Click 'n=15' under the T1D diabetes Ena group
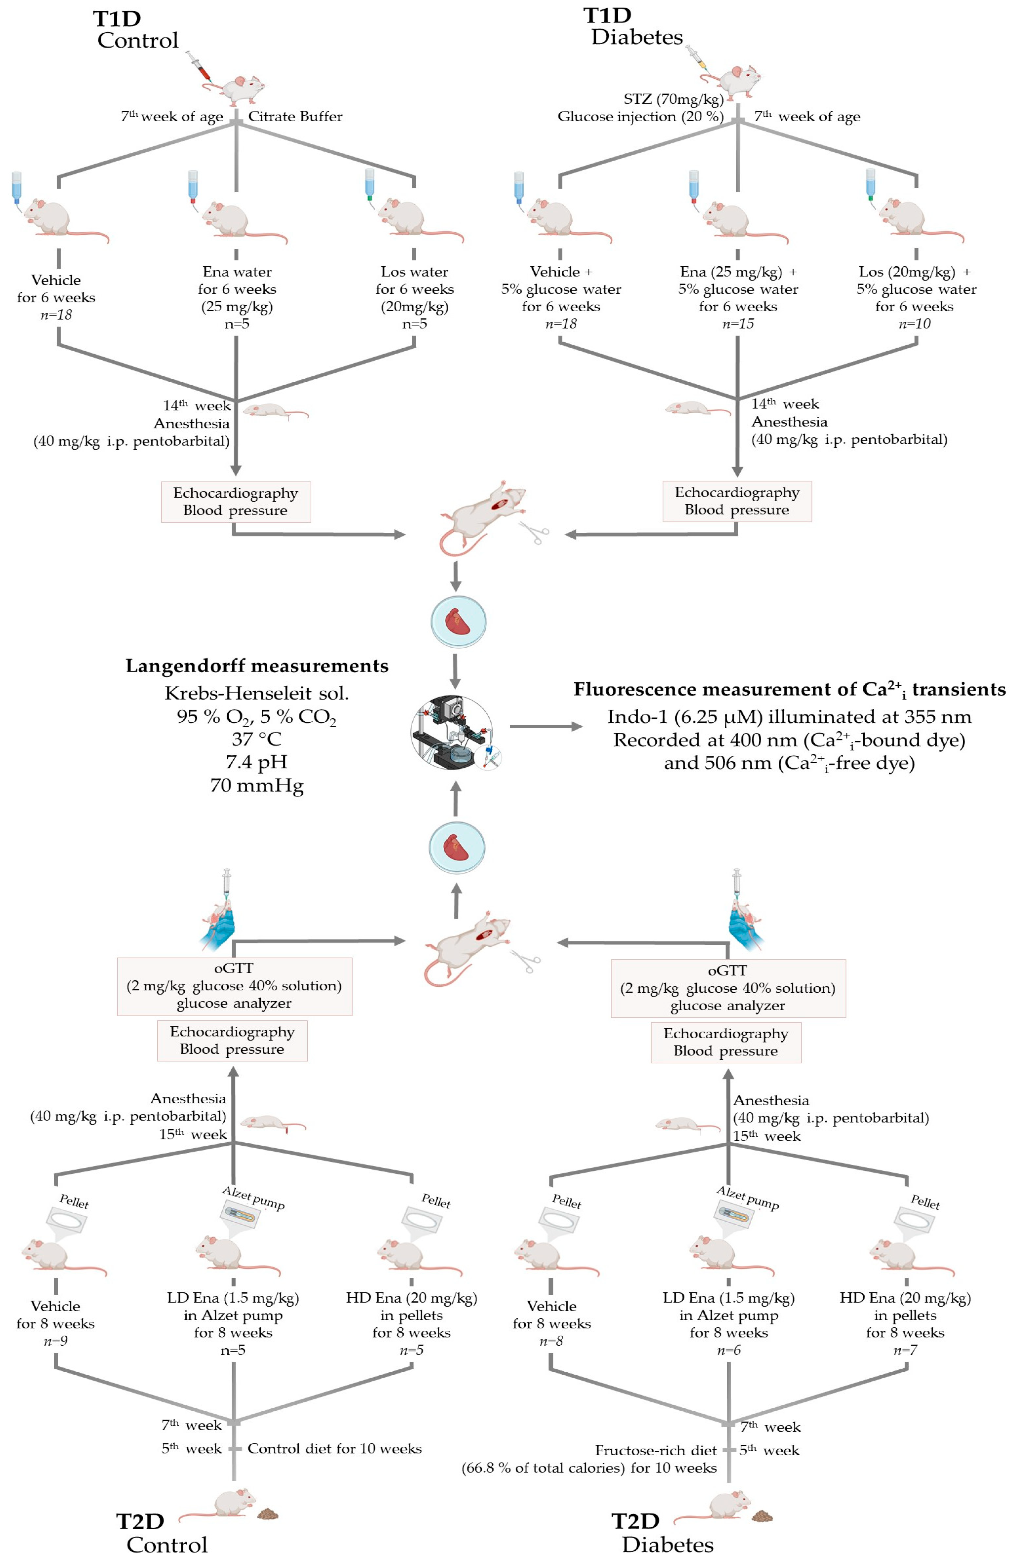tap(737, 324)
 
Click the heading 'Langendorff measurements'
tap(257, 666)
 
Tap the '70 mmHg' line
tap(257, 785)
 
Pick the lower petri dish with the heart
tap(456, 847)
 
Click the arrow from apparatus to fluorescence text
tap(545, 726)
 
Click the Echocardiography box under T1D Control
tap(236, 502)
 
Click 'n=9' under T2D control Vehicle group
tap(55, 1341)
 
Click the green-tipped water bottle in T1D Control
tap(370, 185)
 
